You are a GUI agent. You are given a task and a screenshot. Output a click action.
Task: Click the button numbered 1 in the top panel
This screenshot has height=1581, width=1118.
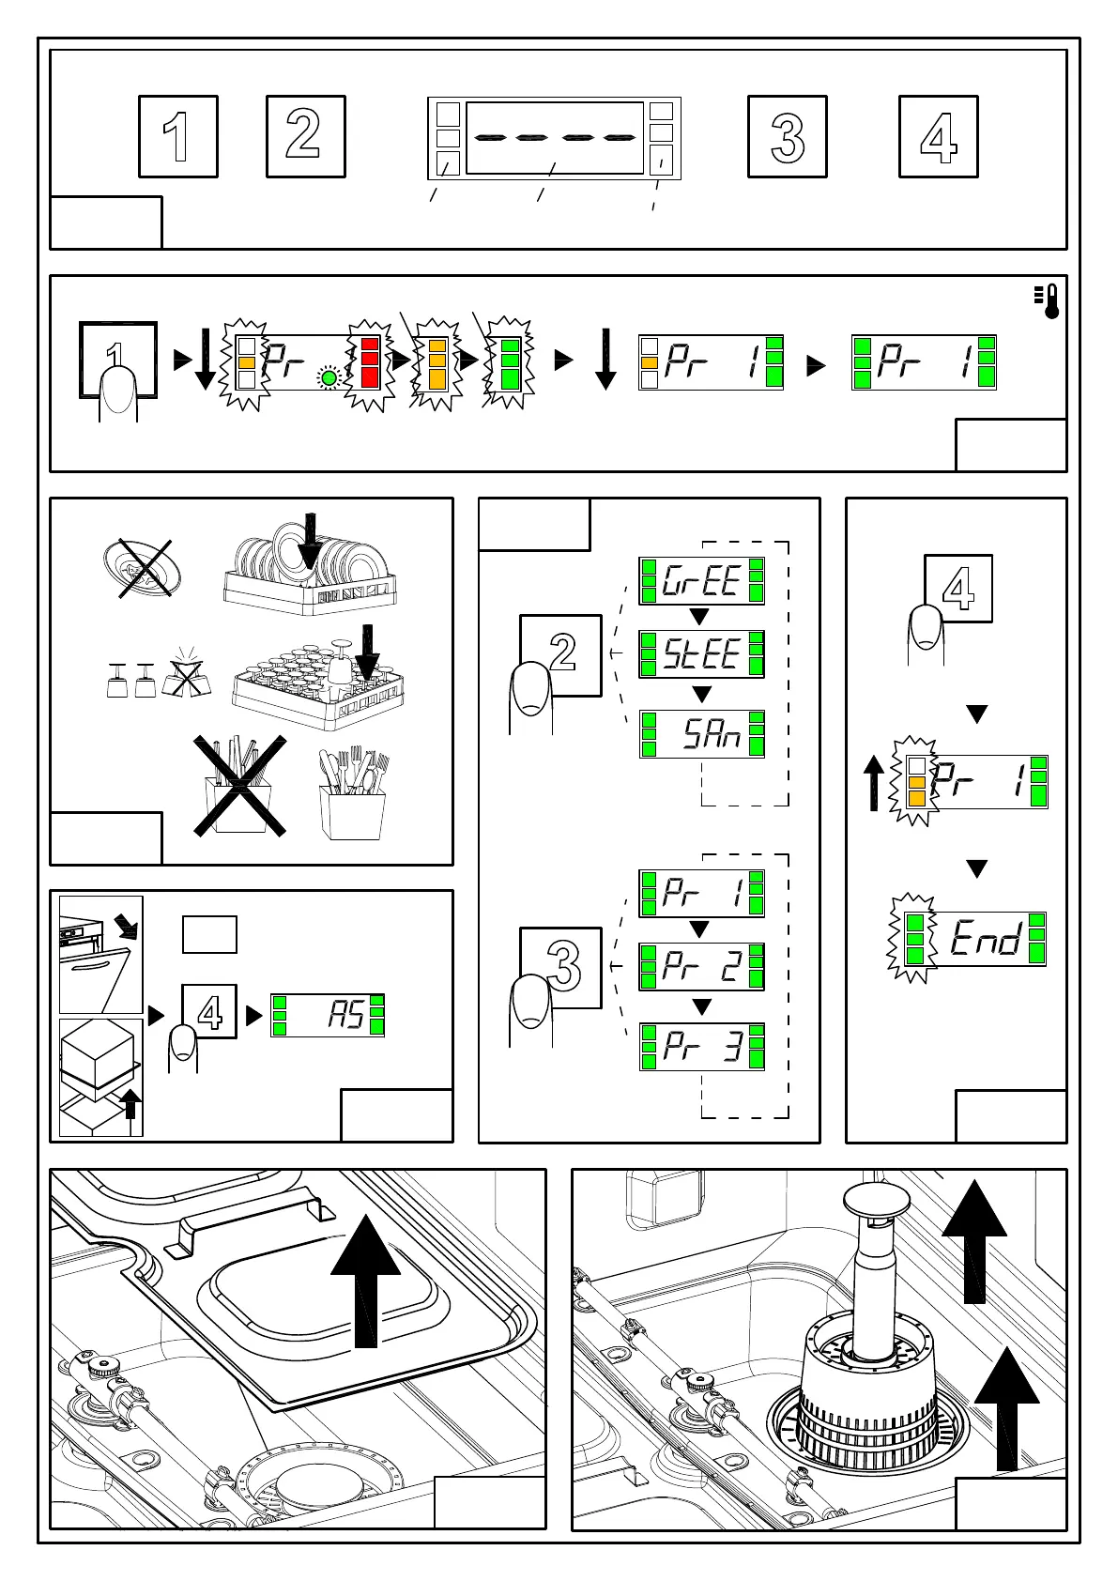(178, 136)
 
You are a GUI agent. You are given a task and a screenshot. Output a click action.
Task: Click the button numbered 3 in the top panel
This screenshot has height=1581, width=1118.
(787, 136)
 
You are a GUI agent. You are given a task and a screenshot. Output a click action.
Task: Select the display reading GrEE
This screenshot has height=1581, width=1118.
(701, 580)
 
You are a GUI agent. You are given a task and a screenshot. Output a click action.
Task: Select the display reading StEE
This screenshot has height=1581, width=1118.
(701, 653)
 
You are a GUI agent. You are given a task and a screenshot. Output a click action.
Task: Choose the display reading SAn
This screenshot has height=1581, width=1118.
(701, 733)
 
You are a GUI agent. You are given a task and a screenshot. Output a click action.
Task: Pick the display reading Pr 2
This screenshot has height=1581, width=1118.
(701, 966)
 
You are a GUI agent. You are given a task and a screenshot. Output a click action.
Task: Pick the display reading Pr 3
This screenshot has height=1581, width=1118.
(701, 1046)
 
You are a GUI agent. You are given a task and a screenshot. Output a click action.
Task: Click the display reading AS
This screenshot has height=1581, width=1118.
(328, 1015)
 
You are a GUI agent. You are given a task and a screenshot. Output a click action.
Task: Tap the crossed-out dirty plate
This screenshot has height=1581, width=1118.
(139, 568)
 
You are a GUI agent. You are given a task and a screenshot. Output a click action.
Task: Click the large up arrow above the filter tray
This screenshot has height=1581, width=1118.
(365, 1286)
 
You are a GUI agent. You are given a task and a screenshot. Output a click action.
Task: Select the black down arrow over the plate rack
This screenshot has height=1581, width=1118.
(310, 542)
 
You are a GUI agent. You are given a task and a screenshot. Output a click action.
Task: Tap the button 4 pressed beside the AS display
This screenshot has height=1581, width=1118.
(209, 1012)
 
